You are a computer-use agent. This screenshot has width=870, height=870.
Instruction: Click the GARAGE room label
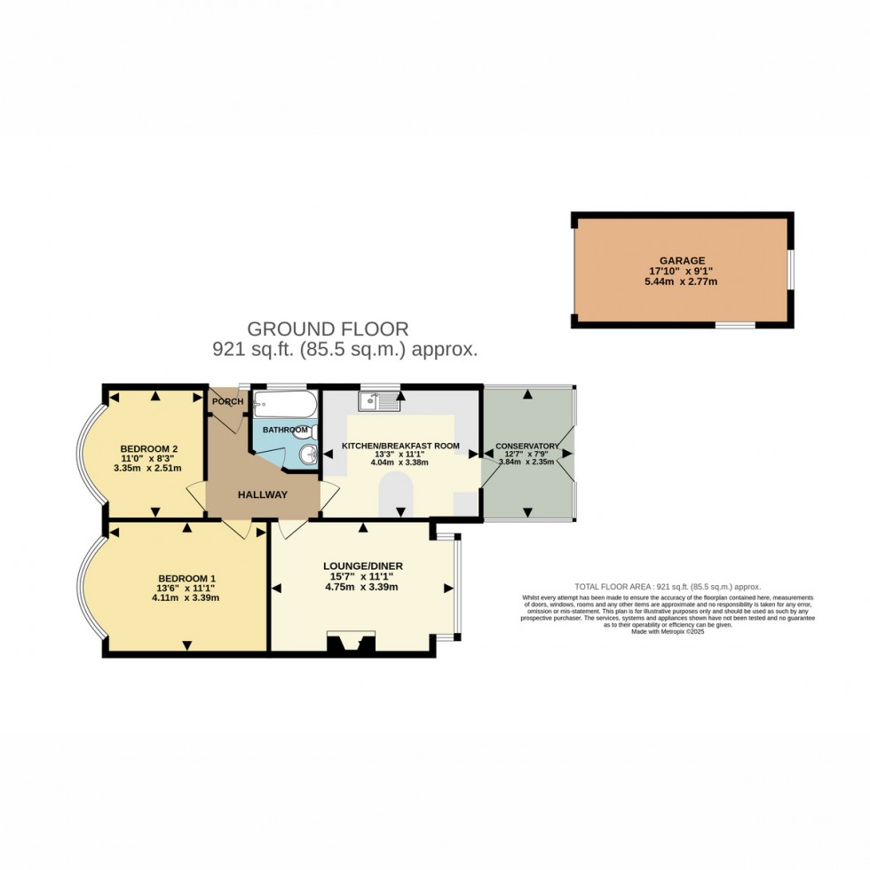[682, 260]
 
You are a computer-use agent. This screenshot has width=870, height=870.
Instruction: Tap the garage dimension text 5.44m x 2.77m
[682, 281]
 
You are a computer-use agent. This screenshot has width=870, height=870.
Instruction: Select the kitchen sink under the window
[379, 401]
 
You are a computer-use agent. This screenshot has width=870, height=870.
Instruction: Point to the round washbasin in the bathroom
[307, 456]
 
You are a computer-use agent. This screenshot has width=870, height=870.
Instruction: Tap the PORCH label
[227, 401]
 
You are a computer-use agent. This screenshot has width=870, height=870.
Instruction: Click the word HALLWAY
[262, 494]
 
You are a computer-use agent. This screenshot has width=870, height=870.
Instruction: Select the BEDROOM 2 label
[147, 447]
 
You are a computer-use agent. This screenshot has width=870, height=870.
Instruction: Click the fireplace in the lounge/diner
[352, 643]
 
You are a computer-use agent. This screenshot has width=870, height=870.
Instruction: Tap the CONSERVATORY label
[527, 446]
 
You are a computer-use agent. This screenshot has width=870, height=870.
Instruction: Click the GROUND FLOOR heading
[328, 328]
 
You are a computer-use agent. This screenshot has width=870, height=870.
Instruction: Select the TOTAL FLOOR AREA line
[668, 587]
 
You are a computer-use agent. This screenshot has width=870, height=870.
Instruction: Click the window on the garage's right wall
[789, 268]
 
